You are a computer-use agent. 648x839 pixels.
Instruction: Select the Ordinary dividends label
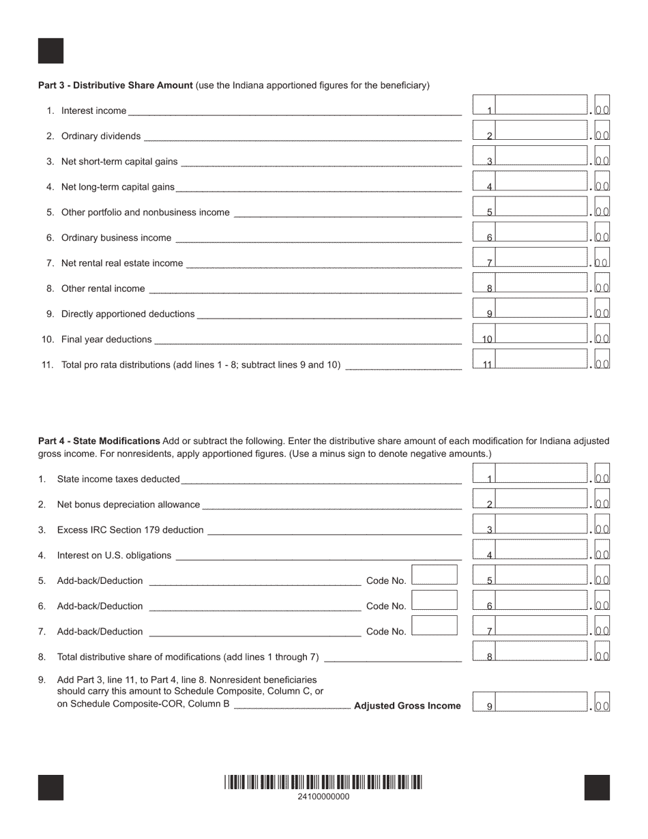point(101,136)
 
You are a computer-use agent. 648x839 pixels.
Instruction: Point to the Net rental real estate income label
point(122,263)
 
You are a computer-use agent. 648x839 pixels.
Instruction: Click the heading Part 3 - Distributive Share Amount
point(115,85)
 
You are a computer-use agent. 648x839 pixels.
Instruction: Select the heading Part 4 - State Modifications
point(99,441)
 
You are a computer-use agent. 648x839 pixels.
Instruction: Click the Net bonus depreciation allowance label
point(128,505)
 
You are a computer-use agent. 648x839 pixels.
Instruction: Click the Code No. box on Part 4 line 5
point(435,575)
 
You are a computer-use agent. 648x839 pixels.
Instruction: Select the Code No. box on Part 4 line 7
point(435,625)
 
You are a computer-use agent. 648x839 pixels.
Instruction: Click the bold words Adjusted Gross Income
point(407,706)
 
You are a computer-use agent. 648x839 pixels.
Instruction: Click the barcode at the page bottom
point(323,782)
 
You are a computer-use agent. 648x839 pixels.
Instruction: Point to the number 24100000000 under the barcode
point(323,796)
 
